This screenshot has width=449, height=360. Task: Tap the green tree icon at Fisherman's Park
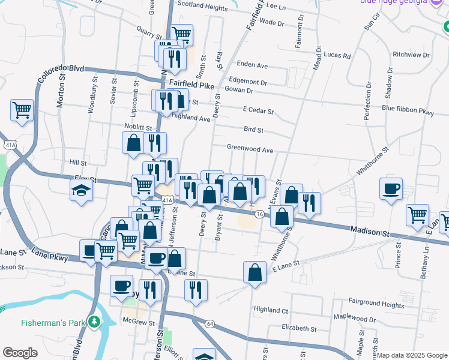pyautogui.click(x=94, y=323)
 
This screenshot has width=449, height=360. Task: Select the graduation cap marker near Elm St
pyautogui.click(x=81, y=191)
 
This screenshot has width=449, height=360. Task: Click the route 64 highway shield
pyautogui.click(x=209, y=324)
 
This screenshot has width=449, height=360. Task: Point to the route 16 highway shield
pyautogui.click(x=259, y=214)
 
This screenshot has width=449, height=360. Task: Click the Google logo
pyautogui.click(x=20, y=353)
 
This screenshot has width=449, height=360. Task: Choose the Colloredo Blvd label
pyautogui.click(x=61, y=74)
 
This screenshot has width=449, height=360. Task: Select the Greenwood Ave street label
pyautogui.click(x=250, y=148)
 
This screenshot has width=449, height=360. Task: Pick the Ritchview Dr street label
pyautogui.click(x=411, y=55)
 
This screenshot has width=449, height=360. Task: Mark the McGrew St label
pyautogui.click(x=135, y=321)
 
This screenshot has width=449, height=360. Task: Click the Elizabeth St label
pyautogui.click(x=298, y=328)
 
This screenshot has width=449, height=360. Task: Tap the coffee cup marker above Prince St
pyautogui.click(x=391, y=188)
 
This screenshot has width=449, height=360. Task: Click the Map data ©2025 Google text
pyautogui.click(x=411, y=355)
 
